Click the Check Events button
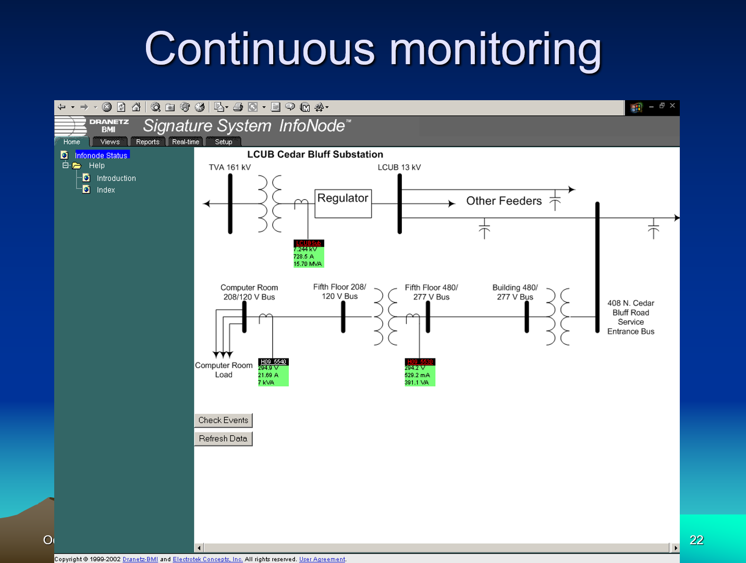(223, 421)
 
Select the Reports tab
(148, 142)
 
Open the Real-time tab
(186, 142)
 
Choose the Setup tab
(224, 142)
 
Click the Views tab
(110, 142)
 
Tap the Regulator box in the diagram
(343, 203)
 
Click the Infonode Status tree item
(101, 155)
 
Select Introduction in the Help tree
(116, 178)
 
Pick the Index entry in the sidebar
(106, 190)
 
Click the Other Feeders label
(504, 201)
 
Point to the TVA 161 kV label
(230, 167)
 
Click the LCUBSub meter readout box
(309, 254)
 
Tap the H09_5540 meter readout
(273, 373)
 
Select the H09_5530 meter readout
(420, 373)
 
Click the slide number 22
(696, 540)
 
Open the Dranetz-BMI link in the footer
(140, 559)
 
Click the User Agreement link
(322, 559)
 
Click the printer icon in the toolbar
(238, 107)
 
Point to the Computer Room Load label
(224, 370)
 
